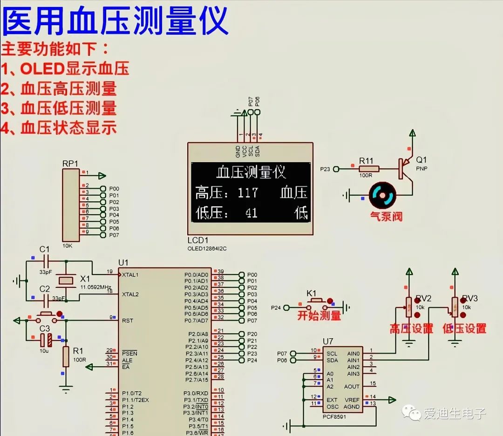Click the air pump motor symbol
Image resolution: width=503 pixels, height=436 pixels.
[382, 196]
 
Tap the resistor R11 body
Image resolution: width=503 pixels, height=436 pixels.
[369, 169]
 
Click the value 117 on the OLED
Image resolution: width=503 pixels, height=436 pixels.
[248, 193]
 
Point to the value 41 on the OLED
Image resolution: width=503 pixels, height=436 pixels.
[251, 213]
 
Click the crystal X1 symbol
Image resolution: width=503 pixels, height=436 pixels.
[65, 280]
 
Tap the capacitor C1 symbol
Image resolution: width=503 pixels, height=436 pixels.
[45, 261]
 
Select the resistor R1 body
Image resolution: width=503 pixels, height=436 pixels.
[66, 356]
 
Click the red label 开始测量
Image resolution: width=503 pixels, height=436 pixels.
[319, 316]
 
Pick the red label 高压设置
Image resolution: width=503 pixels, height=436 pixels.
[411, 329]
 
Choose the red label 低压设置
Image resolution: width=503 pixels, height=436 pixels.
[464, 329]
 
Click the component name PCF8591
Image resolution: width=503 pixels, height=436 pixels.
[334, 416]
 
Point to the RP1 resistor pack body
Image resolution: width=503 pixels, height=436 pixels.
[71, 205]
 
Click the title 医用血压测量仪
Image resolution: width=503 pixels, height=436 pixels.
[115, 21]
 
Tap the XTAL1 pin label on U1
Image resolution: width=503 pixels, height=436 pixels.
[130, 275]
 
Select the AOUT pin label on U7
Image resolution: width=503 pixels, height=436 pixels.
[352, 387]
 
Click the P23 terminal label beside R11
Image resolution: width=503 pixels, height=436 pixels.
[325, 169]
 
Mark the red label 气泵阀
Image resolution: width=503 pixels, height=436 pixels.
[386, 217]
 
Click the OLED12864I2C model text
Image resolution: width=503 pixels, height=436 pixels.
[207, 249]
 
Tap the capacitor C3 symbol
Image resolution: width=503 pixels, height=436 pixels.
[45, 340]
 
